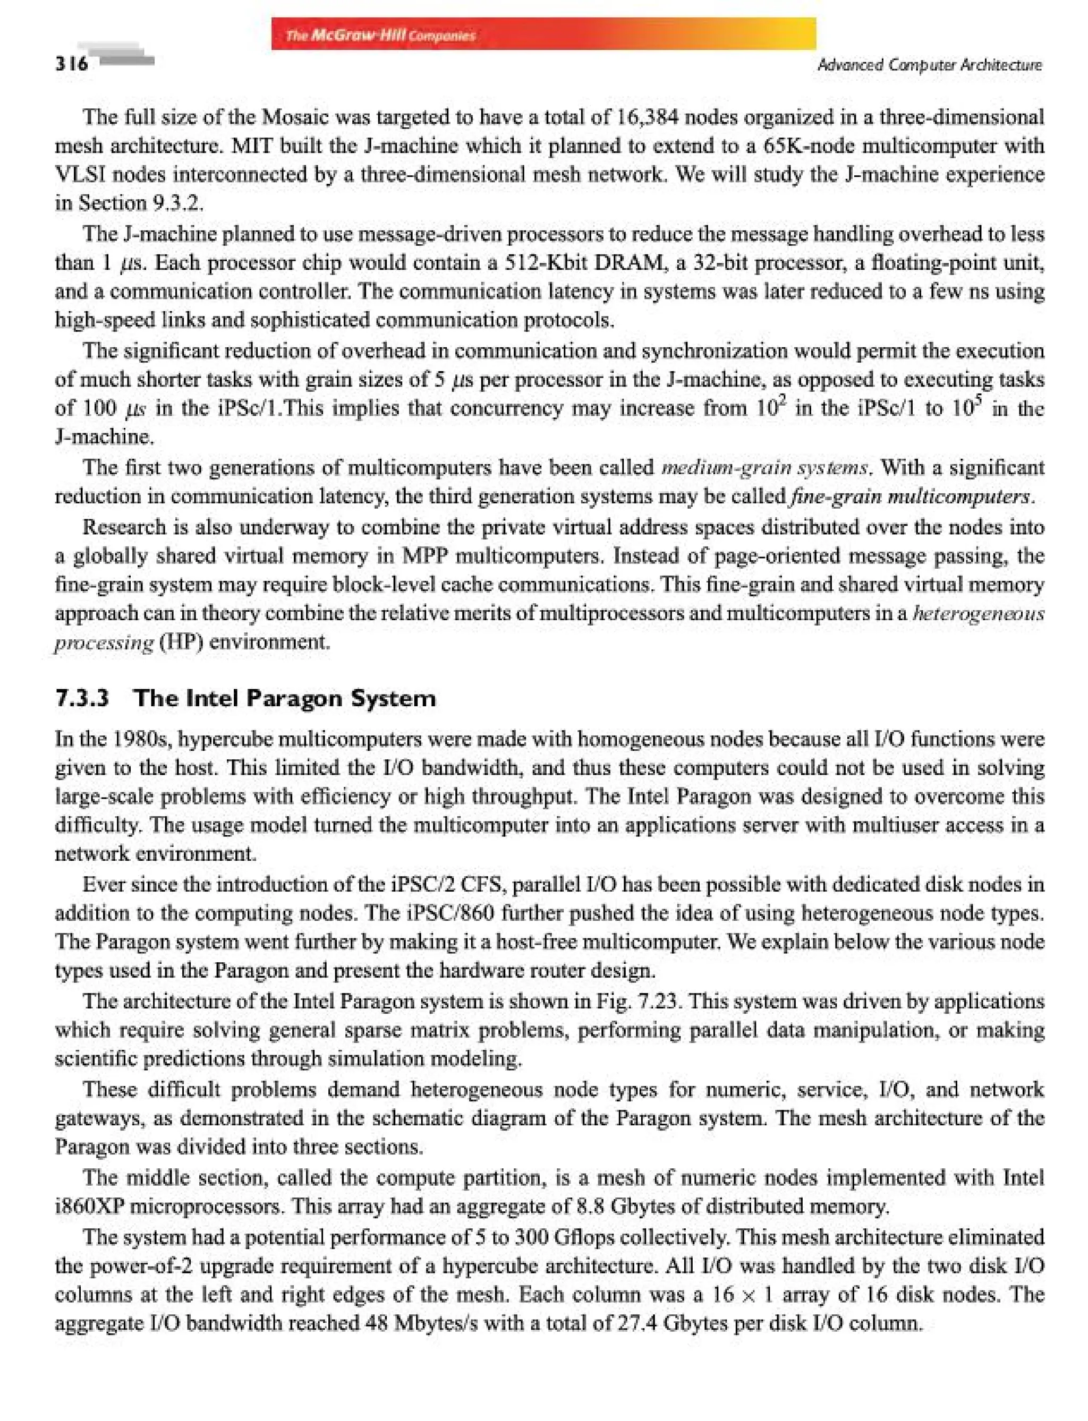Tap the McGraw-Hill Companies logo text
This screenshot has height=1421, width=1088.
(381, 35)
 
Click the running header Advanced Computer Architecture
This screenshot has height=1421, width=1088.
(929, 65)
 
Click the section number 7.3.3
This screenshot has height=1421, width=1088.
(82, 698)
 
